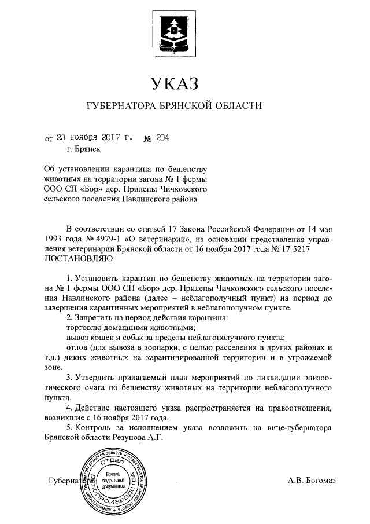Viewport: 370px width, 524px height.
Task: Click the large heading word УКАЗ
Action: tap(175, 83)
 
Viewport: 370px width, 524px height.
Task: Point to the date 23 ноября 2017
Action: tap(87, 138)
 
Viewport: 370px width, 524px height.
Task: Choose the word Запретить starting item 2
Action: tap(96, 317)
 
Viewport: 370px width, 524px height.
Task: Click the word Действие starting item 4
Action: tap(94, 408)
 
